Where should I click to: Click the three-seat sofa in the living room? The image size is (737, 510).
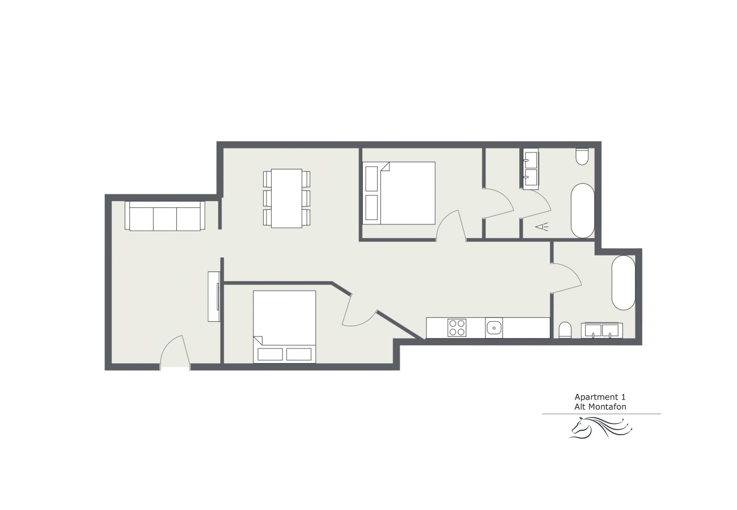coord(165,216)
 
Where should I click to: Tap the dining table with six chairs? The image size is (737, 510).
coord(286,198)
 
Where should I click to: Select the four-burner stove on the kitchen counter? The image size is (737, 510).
coord(457,328)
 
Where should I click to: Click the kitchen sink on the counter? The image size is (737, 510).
coord(494,328)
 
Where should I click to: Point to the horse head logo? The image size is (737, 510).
coord(600,428)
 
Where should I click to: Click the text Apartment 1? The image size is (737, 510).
coord(600,397)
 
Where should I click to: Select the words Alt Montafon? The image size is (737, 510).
coord(600,407)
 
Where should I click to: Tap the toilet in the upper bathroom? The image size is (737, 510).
coord(582,156)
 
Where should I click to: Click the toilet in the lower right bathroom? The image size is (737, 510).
coord(565,330)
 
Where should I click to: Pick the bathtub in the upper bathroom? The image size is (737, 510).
coord(582,210)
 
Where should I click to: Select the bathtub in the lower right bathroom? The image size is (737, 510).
coord(624,282)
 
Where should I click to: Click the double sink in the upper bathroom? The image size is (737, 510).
coord(531,169)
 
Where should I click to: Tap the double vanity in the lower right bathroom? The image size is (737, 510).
coord(602,330)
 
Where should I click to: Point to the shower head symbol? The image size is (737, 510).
coord(541,227)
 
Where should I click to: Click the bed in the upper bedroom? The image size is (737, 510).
coord(399,193)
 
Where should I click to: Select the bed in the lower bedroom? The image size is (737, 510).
coord(285,327)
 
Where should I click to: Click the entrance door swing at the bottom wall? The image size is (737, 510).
coord(175,350)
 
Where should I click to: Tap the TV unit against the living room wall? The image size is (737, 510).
coord(214,296)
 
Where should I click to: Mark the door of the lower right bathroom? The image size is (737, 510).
coord(566,278)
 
